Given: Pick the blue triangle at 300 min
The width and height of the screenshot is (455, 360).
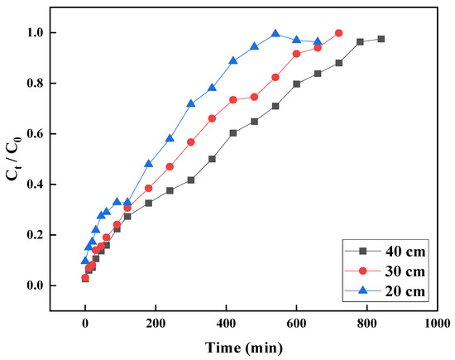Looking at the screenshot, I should pyautogui.click(x=191, y=103).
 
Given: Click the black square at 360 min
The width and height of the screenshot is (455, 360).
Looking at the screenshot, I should pyautogui.click(x=212, y=159).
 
